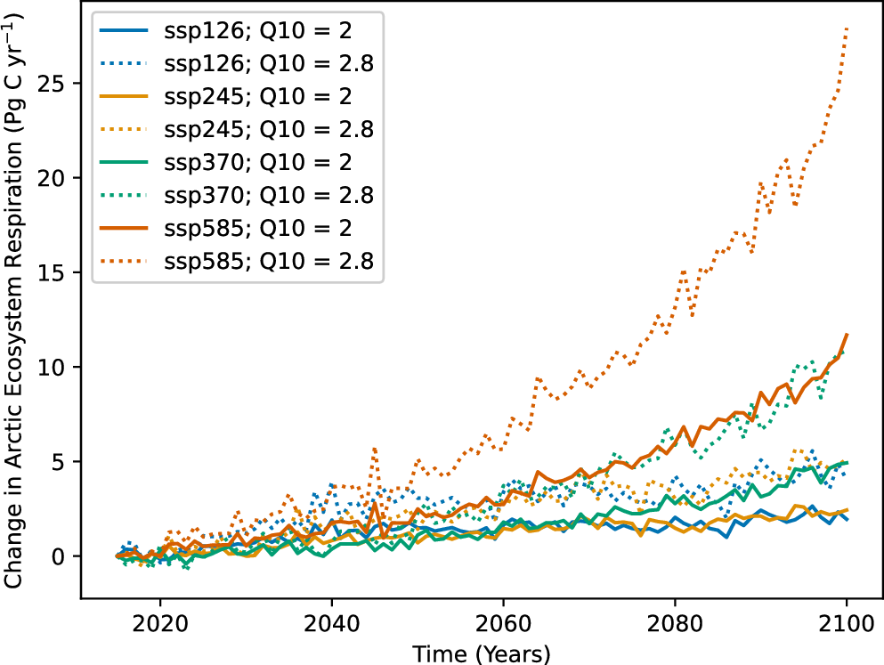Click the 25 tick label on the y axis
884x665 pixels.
[x=60, y=83]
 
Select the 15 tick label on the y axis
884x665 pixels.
[x=60, y=272]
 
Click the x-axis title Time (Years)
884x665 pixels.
[x=482, y=652]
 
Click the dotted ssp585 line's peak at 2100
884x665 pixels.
[x=846, y=28]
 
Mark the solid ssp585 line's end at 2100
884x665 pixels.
[x=846, y=335]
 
